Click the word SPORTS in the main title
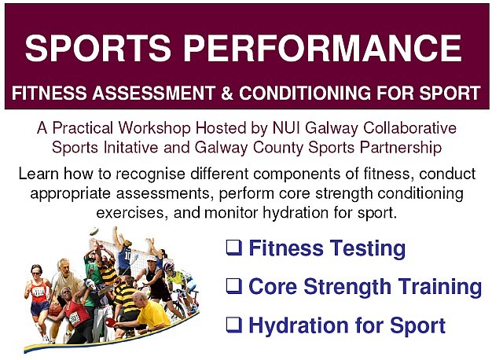click(97, 48)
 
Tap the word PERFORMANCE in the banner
click(322, 48)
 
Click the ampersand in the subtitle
click(227, 93)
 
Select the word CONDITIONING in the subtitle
click(305, 93)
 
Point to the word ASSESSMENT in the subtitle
click(154, 93)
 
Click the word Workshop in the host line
click(154, 128)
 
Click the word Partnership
click(400, 149)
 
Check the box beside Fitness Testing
click(234, 248)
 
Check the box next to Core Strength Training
click(234, 286)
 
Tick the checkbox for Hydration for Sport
click(234, 325)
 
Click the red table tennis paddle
click(111, 321)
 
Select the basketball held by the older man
click(55, 310)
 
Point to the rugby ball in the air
click(94, 231)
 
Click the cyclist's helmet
click(168, 266)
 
